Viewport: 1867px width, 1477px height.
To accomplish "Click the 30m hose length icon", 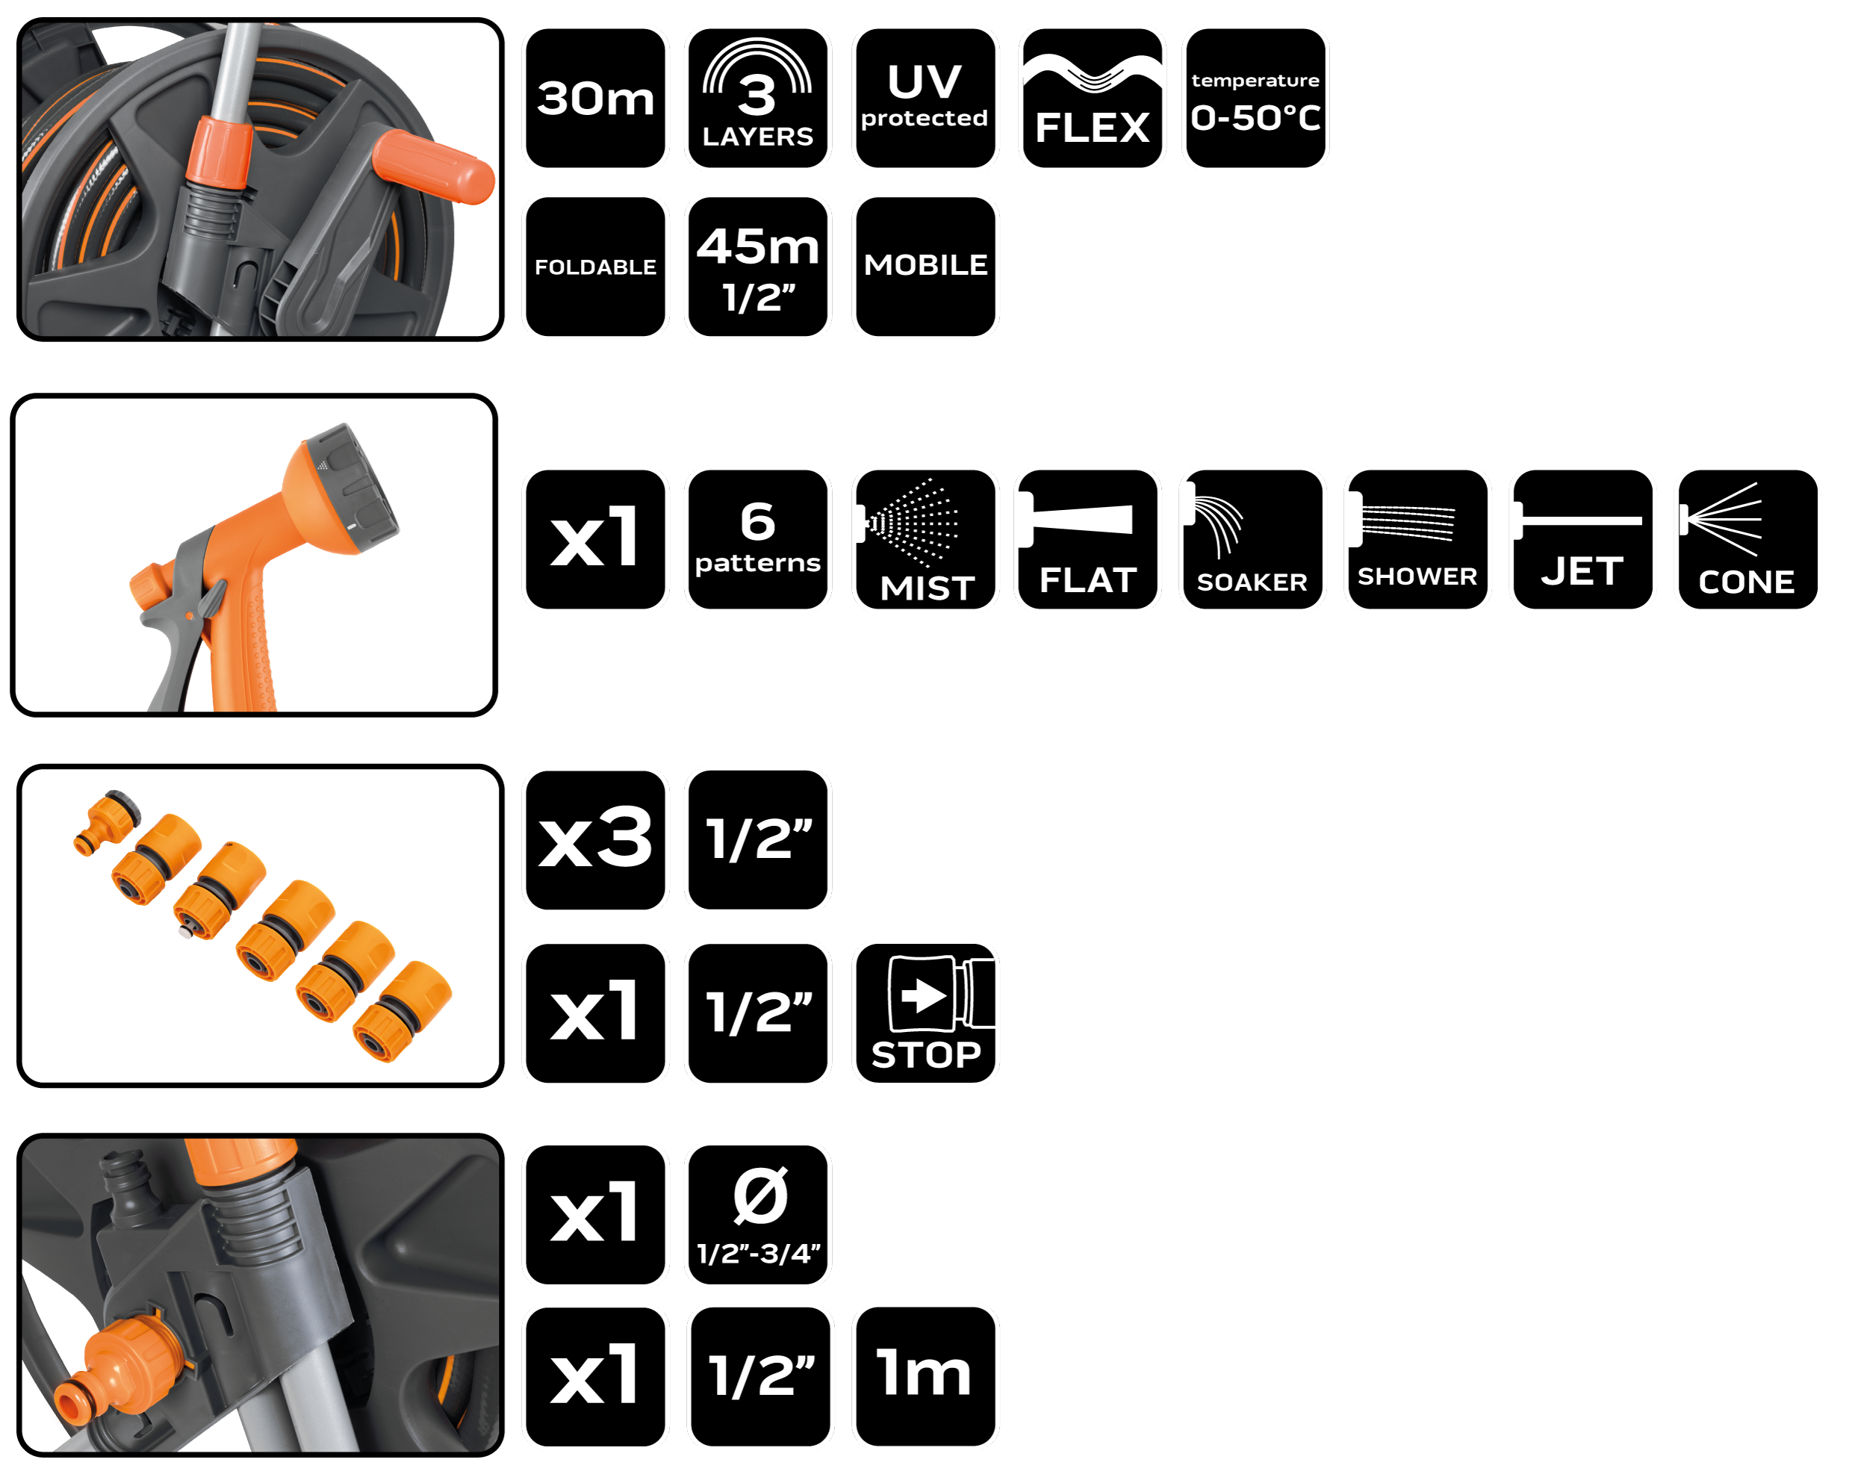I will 595,98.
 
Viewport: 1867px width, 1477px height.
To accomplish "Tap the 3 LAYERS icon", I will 757,98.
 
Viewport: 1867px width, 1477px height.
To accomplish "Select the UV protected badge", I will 925,98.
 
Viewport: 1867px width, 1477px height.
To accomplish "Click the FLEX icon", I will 1092,98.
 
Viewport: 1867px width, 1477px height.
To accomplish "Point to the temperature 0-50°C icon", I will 1255,98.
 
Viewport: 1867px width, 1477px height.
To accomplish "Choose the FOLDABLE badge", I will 595,267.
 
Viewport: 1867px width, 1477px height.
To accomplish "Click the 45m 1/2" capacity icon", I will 757,267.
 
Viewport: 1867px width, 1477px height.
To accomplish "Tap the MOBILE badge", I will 925,267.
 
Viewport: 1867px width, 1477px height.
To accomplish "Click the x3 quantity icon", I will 595,839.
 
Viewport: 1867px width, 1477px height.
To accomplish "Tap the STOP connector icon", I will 925,1013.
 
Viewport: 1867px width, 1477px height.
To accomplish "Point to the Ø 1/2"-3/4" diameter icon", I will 757,1214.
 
